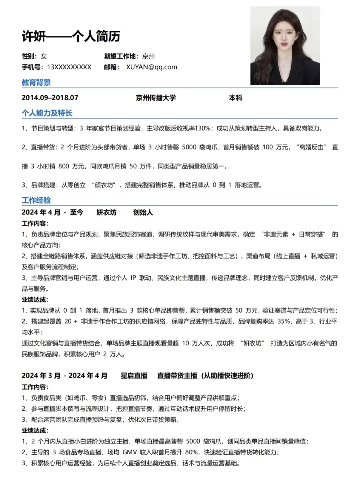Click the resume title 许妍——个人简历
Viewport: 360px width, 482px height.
pyautogui.click(x=71, y=36)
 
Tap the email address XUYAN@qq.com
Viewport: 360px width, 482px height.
pyautogui.click(x=152, y=67)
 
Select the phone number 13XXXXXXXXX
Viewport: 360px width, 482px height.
pyautogui.click(x=69, y=67)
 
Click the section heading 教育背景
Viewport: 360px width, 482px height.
pyautogui.click(x=36, y=82)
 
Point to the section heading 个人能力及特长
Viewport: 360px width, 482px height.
pyautogui.click(x=47, y=113)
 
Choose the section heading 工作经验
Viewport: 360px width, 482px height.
pyautogui.click(x=36, y=200)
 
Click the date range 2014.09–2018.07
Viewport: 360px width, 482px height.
pyautogui.click(x=50, y=98)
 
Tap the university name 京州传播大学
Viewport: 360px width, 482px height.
pyautogui.click(x=156, y=98)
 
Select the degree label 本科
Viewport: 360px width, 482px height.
pyautogui.click(x=236, y=98)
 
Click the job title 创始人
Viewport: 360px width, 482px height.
pyautogui.click(x=143, y=212)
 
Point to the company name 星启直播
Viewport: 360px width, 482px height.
pyautogui.click(x=134, y=376)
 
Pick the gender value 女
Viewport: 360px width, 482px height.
pyautogui.click(x=44, y=56)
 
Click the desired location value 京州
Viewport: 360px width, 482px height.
pyautogui.click(x=148, y=56)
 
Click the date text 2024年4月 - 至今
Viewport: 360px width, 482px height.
pyautogui.click(x=52, y=212)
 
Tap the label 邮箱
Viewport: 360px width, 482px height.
pyautogui.click(x=111, y=67)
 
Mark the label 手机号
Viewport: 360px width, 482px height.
pyautogui.click(x=32, y=67)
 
